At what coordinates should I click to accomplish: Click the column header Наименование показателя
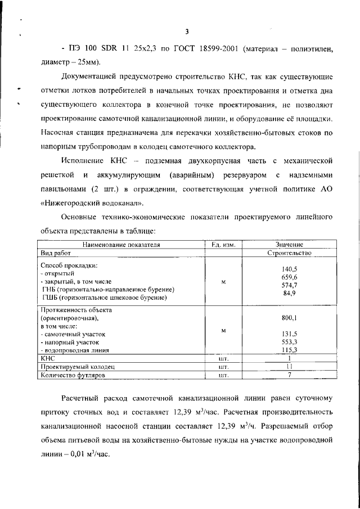(x=121, y=245)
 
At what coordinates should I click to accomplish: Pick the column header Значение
(x=289, y=245)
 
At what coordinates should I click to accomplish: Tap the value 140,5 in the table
(x=289, y=269)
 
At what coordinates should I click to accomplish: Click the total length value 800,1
(x=289, y=318)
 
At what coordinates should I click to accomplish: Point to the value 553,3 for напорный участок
(x=289, y=341)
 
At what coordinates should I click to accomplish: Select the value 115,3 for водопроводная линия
(x=289, y=350)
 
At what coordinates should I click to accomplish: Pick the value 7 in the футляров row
(x=289, y=375)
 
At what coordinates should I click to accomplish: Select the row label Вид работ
(x=56, y=254)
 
